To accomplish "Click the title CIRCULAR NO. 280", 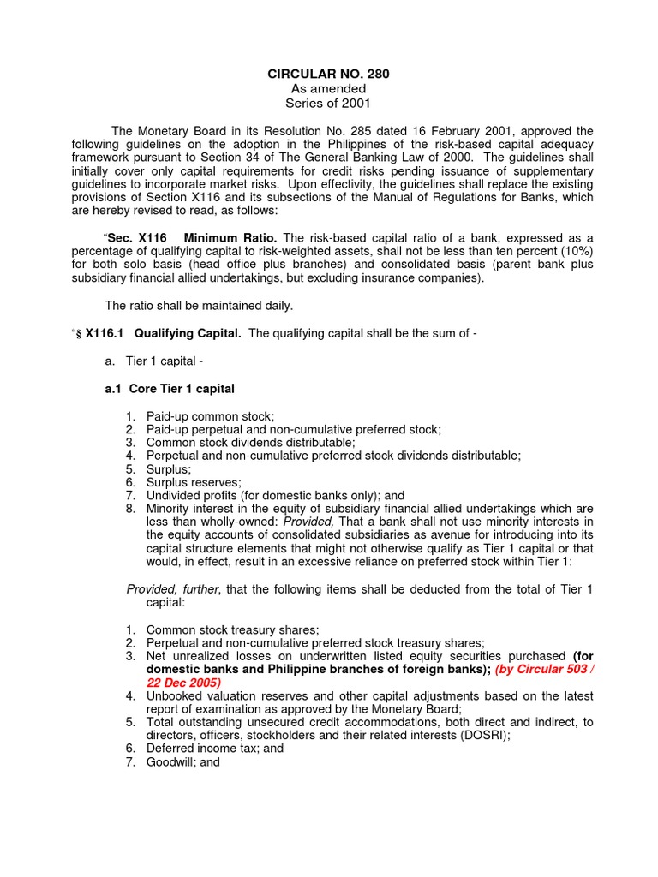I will (x=329, y=75).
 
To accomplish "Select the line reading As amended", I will (x=329, y=89).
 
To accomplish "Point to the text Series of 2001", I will (x=329, y=103).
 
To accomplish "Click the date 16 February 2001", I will (x=441, y=131).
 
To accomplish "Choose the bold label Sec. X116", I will (x=135, y=237).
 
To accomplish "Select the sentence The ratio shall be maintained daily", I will (x=198, y=305).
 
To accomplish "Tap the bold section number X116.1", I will (x=102, y=333).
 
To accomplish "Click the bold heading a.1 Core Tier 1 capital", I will (x=169, y=389).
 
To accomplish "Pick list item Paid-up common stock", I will (x=210, y=415).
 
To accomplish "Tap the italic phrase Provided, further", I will (x=173, y=589).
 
